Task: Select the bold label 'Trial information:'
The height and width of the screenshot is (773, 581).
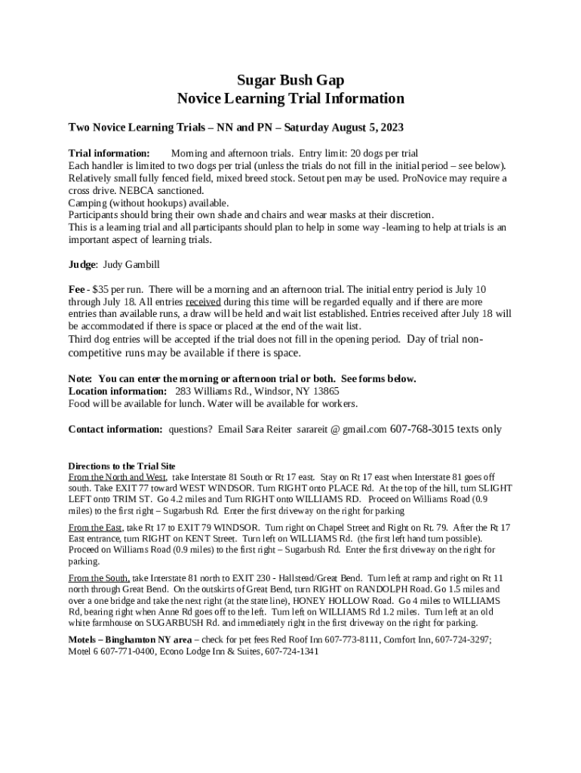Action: pyautogui.click(x=109, y=153)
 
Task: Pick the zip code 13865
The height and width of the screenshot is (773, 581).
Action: pyautogui.click(x=324, y=391)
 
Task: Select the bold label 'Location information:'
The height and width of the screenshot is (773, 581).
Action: pyautogui.click(x=118, y=391)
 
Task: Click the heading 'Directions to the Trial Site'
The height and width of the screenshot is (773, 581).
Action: pyautogui.click(x=121, y=466)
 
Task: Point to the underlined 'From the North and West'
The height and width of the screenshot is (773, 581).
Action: pyautogui.click(x=118, y=477)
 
